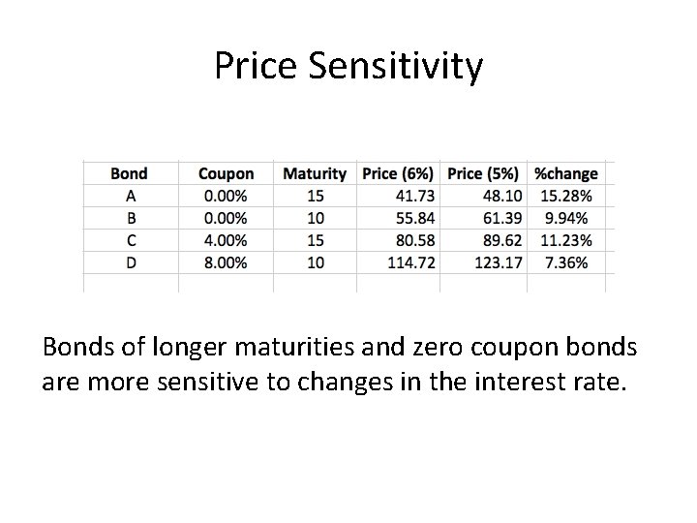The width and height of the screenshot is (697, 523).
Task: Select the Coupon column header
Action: [x=226, y=174]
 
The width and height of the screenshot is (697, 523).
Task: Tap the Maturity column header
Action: [x=315, y=174]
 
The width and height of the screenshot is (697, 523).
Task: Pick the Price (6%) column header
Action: [x=399, y=174]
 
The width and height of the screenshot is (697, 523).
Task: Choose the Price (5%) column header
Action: [x=485, y=174]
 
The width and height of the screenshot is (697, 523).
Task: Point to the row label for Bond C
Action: [x=129, y=240]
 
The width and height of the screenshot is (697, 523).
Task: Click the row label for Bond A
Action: [x=129, y=197]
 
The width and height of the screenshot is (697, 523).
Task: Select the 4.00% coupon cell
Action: [x=226, y=240]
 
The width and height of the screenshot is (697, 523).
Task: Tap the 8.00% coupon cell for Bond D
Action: [x=226, y=262]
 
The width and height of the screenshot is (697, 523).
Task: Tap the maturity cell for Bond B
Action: [x=315, y=218]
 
